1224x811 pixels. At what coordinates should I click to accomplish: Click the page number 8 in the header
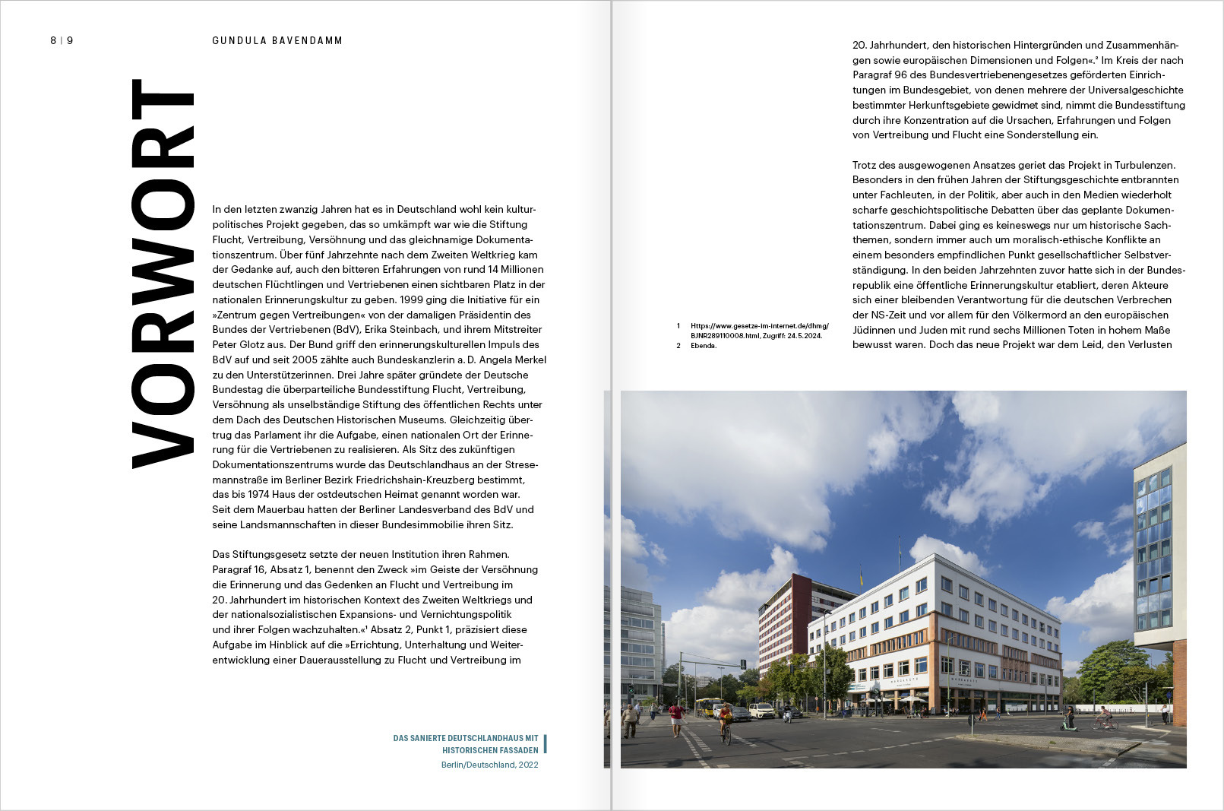coord(53,40)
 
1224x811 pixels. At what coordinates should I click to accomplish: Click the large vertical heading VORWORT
coord(163,274)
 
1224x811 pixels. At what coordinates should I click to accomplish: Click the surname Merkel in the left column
coord(530,360)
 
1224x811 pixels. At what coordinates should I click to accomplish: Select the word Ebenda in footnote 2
coord(703,346)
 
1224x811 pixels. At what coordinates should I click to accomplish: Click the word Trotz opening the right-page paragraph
coord(865,165)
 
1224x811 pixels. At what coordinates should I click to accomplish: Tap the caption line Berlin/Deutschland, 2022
coord(489,765)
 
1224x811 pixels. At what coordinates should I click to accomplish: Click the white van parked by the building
coord(761,710)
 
